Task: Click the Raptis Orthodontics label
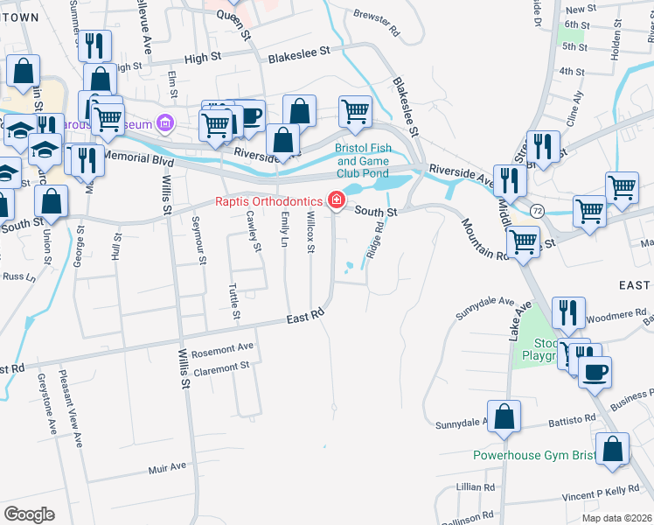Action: pos(269,201)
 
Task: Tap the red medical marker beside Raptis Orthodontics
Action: pos(335,201)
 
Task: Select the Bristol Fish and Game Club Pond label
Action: pos(370,160)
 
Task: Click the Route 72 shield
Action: pos(537,211)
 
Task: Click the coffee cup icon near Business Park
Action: pos(595,372)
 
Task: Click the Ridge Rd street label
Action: pos(375,237)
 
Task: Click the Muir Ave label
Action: pos(168,467)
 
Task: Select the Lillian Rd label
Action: pos(475,486)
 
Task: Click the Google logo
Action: pos(28,514)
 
